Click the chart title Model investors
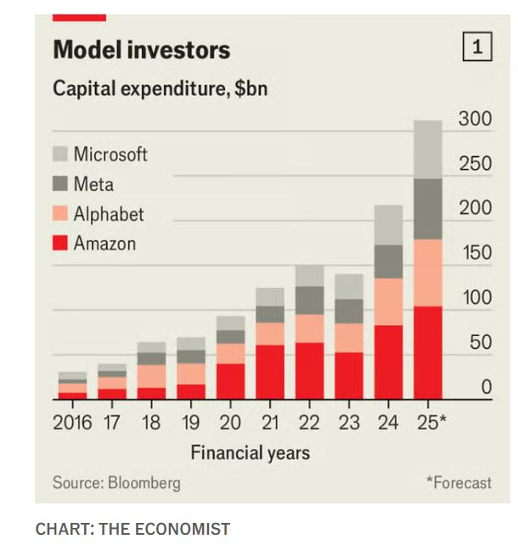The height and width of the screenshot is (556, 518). tap(141, 50)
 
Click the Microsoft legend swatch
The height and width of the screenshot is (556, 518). tap(59, 154)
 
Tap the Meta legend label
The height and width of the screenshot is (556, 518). tap(93, 184)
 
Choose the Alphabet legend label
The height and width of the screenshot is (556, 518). tap(109, 214)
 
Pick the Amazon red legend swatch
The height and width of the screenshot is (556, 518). tap(59, 244)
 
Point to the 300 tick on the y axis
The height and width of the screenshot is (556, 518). tap(475, 119)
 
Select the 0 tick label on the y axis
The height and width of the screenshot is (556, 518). tap(486, 388)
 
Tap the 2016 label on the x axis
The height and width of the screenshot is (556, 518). tap(72, 423)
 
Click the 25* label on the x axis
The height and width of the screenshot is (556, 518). tap(431, 423)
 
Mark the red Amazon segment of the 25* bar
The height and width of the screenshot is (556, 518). tap(428, 352)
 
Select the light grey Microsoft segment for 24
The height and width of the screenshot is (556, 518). tap(389, 225)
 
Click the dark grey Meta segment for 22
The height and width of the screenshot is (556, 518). tap(309, 300)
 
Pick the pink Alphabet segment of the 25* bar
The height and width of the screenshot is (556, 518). tap(428, 272)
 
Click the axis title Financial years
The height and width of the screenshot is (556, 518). tap(250, 452)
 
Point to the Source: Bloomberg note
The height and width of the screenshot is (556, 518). tap(116, 483)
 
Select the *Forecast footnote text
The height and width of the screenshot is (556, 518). tap(459, 483)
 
